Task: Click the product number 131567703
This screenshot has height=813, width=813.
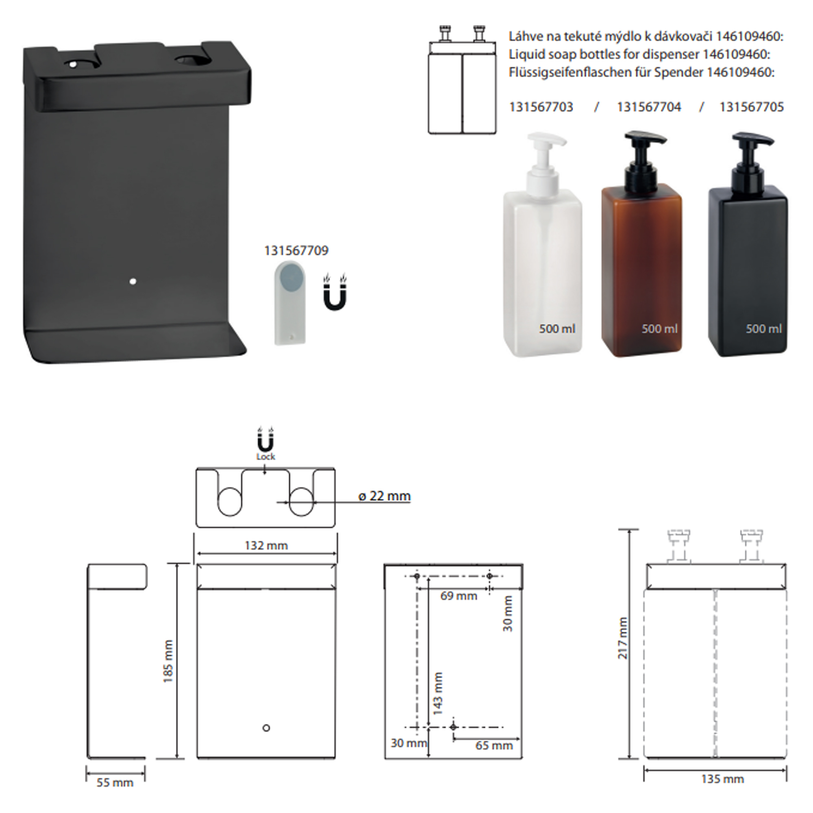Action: [x=541, y=107]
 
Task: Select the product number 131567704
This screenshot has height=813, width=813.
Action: [x=649, y=107]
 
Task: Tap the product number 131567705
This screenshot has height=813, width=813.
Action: [x=752, y=107]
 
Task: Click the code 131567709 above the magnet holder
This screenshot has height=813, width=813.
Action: [x=296, y=250]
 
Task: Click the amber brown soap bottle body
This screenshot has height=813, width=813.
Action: [x=642, y=270]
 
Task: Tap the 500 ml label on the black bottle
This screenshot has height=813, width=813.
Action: [x=763, y=328]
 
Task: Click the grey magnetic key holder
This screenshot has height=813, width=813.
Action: [x=290, y=302]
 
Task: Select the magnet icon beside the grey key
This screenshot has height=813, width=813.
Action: [x=335, y=292]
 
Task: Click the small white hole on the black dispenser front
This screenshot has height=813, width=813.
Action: [x=133, y=281]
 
